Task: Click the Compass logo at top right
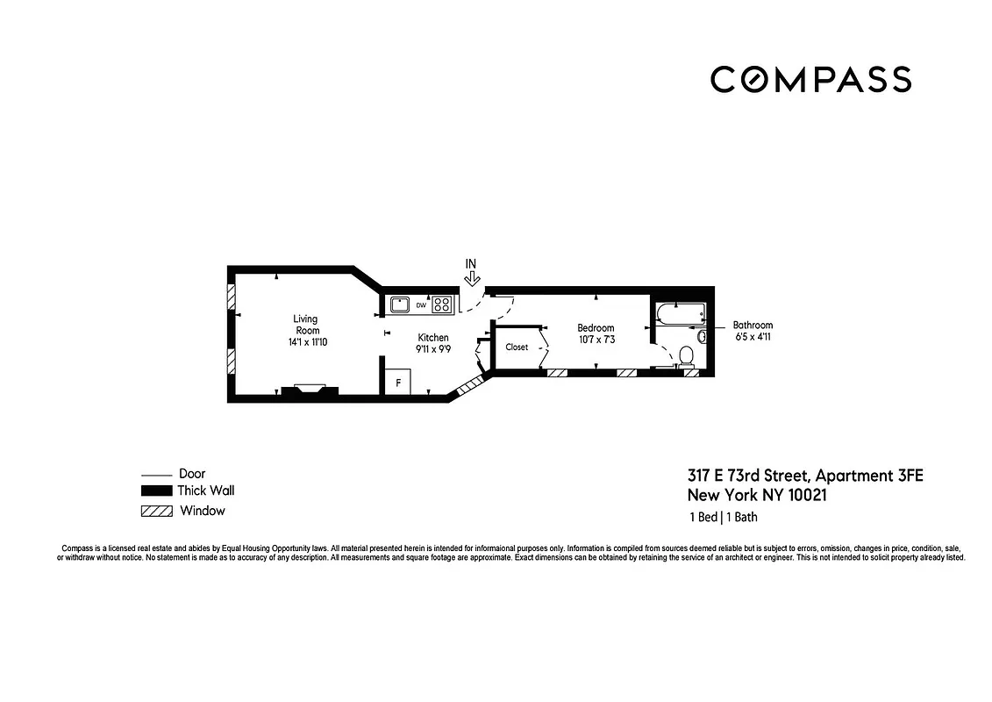(810, 79)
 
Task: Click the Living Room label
(306, 325)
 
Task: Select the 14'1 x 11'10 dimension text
(306, 342)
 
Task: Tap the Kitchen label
(432, 338)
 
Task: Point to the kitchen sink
(401, 305)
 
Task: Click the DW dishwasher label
(421, 306)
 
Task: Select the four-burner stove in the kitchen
(442, 305)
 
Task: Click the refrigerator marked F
(398, 383)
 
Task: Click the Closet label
(517, 347)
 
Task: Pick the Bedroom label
(596, 328)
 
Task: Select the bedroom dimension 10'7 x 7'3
(596, 340)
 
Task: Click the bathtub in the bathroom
(680, 313)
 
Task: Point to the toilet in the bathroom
(686, 355)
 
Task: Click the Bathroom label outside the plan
(753, 325)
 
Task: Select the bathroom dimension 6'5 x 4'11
(753, 336)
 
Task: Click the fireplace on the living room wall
(309, 390)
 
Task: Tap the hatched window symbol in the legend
(155, 511)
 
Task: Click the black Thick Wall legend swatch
(155, 491)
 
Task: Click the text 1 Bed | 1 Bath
(723, 517)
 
